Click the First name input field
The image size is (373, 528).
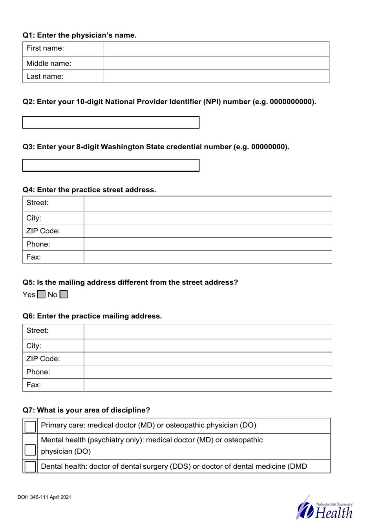(216, 49)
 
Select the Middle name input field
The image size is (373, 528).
(216, 63)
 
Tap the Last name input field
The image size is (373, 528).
(216, 76)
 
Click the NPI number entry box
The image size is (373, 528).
(111, 122)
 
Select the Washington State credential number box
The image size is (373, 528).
(111, 165)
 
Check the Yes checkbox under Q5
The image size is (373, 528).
(41, 295)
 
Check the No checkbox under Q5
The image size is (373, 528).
(64, 295)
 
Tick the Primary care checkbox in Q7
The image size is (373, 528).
(30, 426)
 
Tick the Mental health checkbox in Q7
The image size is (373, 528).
(30, 450)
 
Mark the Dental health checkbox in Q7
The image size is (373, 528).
(30, 467)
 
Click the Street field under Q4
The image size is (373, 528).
(208, 203)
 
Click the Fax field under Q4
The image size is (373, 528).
(208, 257)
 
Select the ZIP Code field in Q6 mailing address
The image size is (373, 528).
(208, 359)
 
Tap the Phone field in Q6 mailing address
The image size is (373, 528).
(208, 372)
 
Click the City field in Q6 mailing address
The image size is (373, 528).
(208, 346)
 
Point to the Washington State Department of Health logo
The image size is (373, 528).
(325, 508)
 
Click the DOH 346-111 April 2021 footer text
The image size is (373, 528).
(44, 497)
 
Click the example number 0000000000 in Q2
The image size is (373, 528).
(292, 102)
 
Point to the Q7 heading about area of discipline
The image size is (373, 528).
(86, 410)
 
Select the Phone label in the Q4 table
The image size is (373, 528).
(38, 244)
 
